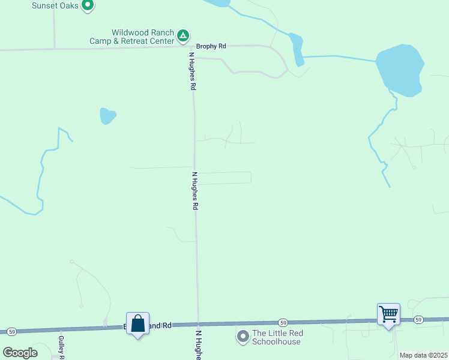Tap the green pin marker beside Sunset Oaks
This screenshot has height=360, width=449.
click(88, 6)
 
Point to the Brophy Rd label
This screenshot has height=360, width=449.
click(211, 46)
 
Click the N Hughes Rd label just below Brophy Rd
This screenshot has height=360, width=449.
click(193, 71)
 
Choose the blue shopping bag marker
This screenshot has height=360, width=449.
click(138, 324)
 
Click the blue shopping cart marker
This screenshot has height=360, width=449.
click(388, 314)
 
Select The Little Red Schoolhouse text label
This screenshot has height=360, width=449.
click(278, 337)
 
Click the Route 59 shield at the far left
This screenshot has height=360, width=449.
click(11, 331)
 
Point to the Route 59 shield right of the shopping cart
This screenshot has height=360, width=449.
click(418, 319)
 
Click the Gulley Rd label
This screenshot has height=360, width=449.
click(61, 346)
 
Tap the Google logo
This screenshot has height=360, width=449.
click(20, 353)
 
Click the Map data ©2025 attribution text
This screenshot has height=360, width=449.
click(423, 355)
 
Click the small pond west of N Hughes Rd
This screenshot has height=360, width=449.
click(107, 116)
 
